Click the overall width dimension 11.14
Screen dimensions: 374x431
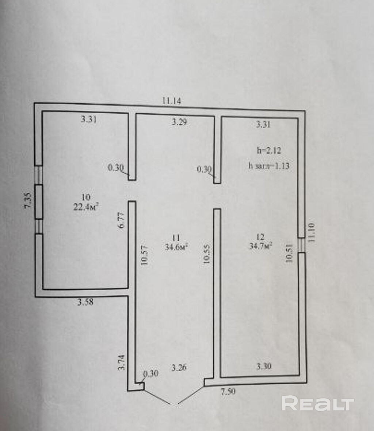tap(172, 101)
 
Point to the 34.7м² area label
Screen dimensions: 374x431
tap(260, 246)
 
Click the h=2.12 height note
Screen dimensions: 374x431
tap(269, 150)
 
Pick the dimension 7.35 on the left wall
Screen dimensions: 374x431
tap(28, 201)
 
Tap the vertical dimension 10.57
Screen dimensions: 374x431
tap(145, 255)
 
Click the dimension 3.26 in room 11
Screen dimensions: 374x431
tap(179, 368)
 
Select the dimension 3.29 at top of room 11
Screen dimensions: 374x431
tap(179, 122)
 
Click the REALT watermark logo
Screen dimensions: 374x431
tap(318, 404)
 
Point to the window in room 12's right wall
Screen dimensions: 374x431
tap(301, 245)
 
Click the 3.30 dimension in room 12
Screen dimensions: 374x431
tap(264, 367)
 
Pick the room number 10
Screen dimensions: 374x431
tap(86, 197)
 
